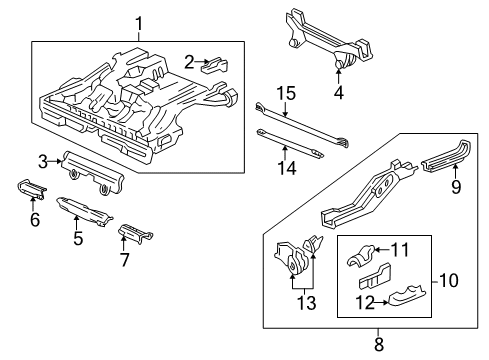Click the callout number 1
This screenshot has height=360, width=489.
coord(139,23)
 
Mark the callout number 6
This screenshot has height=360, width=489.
coord(34,219)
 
